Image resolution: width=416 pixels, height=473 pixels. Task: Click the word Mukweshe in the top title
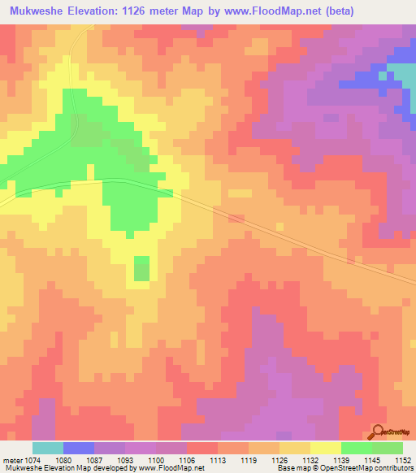(x=37, y=11)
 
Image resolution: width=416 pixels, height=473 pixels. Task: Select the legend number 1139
(x=340, y=460)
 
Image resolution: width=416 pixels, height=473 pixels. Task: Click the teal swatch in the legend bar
(x=48, y=448)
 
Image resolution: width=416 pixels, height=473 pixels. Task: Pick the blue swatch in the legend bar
(x=79, y=448)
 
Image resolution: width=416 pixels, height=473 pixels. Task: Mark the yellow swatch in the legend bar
(x=325, y=448)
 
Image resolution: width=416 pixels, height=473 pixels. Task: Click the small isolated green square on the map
(x=141, y=268)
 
